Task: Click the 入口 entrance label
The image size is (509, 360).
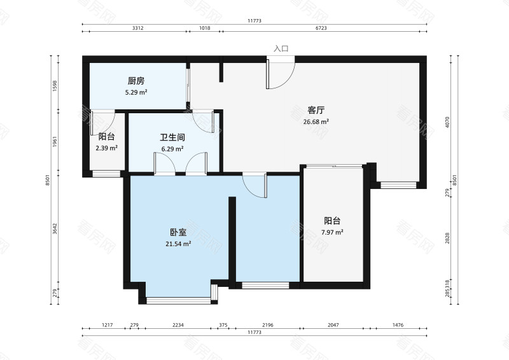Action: [x=281, y=48]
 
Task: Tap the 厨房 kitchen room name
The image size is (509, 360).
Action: [x=136, y=81]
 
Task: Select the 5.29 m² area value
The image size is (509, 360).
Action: [x=136, y=92]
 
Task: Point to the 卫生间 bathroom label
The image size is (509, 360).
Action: [x=172, y=137]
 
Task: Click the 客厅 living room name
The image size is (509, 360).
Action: [x=316, y=109]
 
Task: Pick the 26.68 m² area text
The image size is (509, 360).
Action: [x=316, y=121]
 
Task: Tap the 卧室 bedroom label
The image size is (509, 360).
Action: [x=178, y=232]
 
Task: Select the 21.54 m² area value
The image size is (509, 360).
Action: [x=178, y=244]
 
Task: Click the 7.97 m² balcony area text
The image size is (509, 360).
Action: [x=332, y=233]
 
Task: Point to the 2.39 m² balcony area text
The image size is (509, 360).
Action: [x=106, y=148]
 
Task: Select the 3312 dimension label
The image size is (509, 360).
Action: [x=137, y=29]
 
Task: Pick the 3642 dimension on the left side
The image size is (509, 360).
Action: [x=56, y=228]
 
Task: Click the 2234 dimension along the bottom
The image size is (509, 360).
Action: [x=178, y=325]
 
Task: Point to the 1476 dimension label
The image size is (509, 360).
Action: [x=398, y=325]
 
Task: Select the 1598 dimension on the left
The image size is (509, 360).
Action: [x=56, y=86]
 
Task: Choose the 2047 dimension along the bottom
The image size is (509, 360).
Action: [x=333, y=325]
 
